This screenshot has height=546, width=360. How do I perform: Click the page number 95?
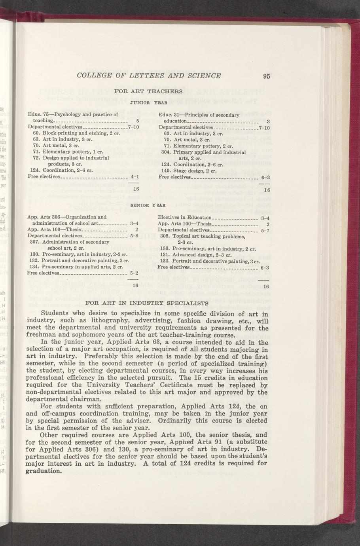(266, 77)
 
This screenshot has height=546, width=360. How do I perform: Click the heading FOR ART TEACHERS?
(148, 91)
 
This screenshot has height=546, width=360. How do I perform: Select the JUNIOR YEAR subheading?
(148, 102)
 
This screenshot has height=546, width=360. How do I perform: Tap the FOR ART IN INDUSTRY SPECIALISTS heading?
(147, 303)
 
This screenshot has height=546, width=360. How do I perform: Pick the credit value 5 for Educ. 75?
(137, 121)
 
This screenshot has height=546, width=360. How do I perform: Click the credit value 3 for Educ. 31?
(268, 121)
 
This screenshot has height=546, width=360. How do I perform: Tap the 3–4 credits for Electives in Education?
(265, 218)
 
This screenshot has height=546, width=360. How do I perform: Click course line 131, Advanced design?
(190, 255)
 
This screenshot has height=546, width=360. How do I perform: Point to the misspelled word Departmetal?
(173, 230)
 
